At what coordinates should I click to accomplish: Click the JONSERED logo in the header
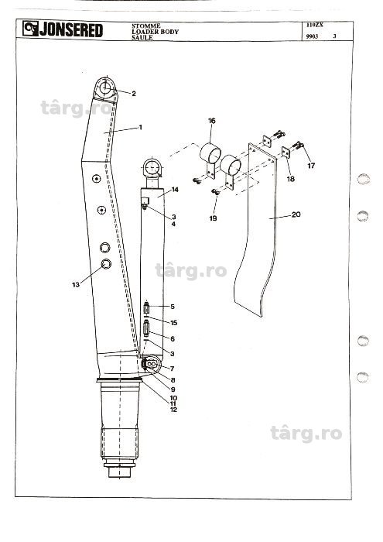click(x=63, y=29)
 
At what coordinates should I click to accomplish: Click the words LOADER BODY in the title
click(x=155, y=32)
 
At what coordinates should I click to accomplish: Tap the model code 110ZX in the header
click(x=314, y=25)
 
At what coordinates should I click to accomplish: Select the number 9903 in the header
click(x=312, y=36)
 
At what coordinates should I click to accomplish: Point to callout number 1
click(x=140, y=127)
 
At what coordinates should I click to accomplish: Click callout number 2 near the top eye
click(x=134, y=94)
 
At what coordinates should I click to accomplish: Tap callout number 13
click(x=76, y=284)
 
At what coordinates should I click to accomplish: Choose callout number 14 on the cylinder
click(x=175, y=190)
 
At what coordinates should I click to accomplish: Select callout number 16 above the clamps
click(x=212, y=121)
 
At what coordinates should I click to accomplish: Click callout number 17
click(x=311, y=166)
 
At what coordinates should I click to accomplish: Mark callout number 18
click(x=291, y=179)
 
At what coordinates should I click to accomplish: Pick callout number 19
click(x=213, y=218)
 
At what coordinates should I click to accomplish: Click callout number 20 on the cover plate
click(x=296, y=214)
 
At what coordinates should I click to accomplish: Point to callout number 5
click(x=173, y=307)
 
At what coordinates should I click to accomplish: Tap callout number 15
click(x=174, y=323)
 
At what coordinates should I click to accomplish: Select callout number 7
click(x=172, y=369)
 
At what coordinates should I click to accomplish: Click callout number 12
click(x=173, y=410)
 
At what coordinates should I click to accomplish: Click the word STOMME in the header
click(x=145, y=26)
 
